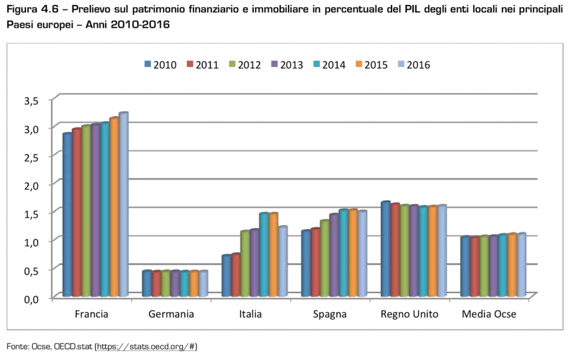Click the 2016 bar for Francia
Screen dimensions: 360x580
point(123,205)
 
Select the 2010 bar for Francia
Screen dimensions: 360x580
point(68,215)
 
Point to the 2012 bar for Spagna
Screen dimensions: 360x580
point(325,258)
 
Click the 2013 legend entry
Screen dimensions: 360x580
point(287,64)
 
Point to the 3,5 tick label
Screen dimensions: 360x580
point(31,101)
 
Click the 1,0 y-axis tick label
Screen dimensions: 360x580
point(31,242)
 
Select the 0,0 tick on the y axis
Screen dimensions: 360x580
point(31,298)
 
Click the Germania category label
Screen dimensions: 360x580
point(171,314)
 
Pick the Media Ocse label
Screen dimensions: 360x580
point(488,314)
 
